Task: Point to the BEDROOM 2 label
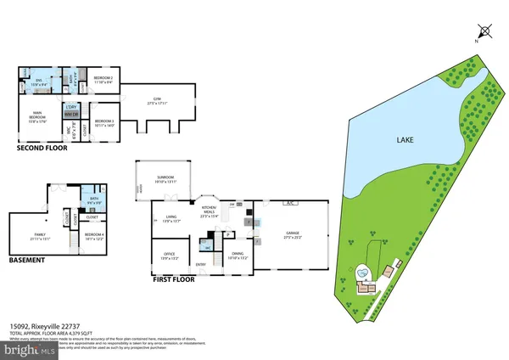pos(103,79)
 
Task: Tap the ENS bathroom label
pos(36,82)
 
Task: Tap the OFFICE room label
pos(170,254)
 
